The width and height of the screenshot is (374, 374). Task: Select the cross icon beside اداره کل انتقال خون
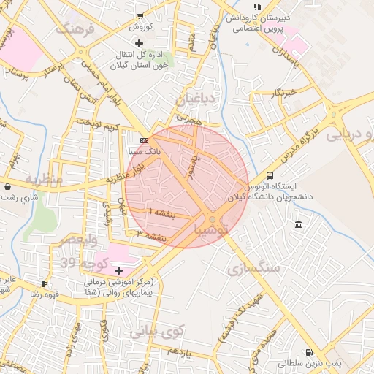[x=140, y=44]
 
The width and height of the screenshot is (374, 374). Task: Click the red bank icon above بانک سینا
[x=145, y=140]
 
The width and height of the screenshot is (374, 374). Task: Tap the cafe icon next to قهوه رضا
[x=45, y=283]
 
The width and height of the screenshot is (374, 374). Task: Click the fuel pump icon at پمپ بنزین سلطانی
[x=310, y=352]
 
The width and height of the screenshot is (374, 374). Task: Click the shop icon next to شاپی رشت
[x=7, y=186]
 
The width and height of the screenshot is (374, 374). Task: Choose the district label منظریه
[x=44, y=179]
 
